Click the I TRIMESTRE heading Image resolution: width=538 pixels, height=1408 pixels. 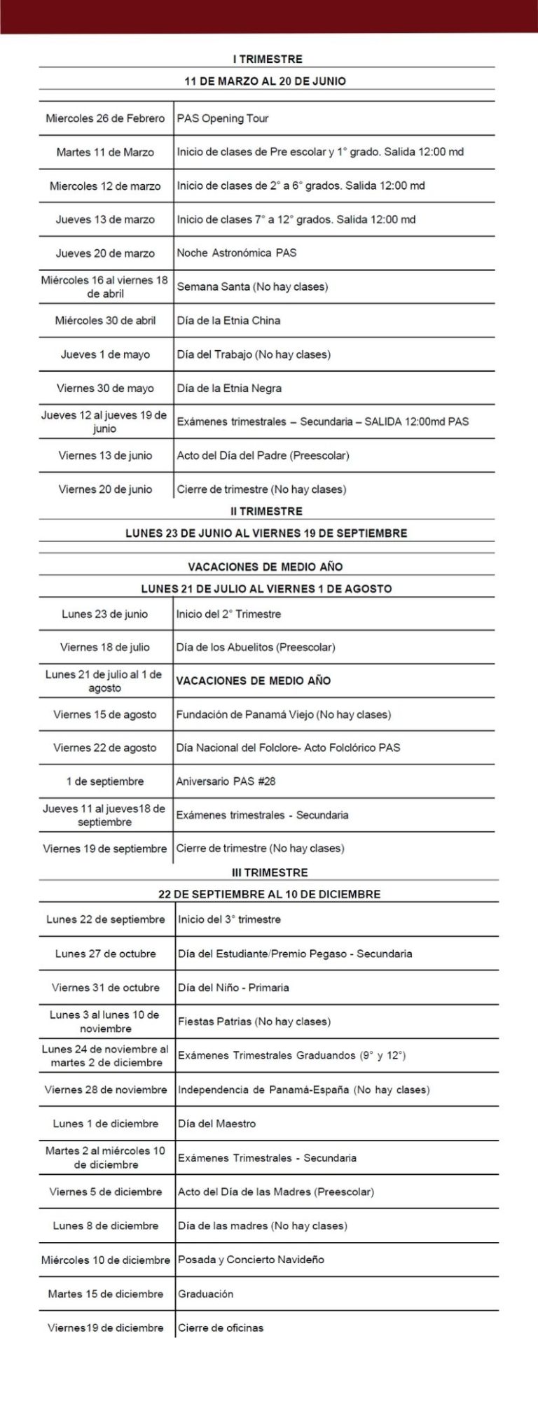[267, 60]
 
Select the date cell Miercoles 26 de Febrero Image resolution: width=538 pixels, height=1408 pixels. [105, 118]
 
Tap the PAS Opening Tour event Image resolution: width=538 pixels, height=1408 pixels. [223, 118]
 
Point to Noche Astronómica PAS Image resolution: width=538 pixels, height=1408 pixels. [237, 253]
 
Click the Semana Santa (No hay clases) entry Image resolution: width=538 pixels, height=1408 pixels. [252, 286]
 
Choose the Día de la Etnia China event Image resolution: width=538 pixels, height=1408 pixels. [228, 321]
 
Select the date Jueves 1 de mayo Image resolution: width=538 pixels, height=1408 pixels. [105, 354]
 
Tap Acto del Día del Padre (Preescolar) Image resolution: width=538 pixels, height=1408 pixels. [263, 456]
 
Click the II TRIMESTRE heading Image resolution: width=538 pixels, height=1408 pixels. [267, 511]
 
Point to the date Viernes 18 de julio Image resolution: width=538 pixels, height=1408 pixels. [105, 647]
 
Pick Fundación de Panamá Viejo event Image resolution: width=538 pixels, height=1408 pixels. [283, 715]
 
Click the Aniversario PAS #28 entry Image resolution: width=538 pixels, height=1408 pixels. [226, 781]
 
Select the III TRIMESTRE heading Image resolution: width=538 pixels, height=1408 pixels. [270, 872]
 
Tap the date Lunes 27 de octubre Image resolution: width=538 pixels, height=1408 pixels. [106, 954]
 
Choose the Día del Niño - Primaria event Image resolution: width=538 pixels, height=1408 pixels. [233, 988]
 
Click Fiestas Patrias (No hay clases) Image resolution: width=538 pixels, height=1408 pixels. [254, 1022]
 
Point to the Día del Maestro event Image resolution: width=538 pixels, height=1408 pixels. [216, 1124]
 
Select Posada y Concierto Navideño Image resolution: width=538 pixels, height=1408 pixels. [251, 1260]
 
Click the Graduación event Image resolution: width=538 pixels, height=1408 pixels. [205, 1294]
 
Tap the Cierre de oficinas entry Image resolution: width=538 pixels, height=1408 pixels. [221, 1327]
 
